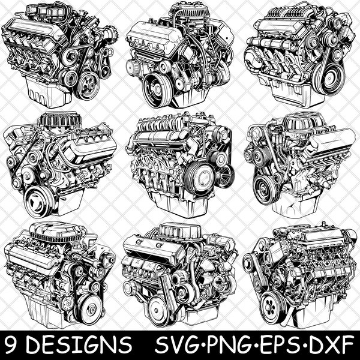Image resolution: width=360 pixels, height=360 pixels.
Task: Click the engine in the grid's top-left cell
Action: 60,54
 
